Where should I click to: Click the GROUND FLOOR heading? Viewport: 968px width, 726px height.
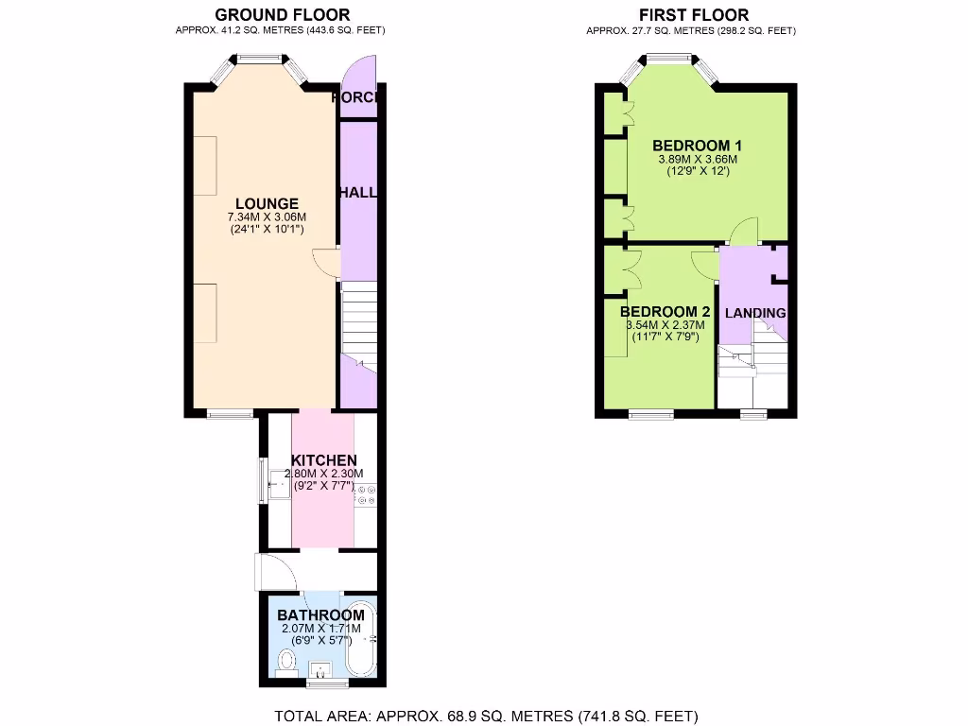click(x=282, y=14)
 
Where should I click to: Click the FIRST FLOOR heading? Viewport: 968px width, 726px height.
click(x=693, y=14)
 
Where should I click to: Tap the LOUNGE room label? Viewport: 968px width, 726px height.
click(x=267, y=203)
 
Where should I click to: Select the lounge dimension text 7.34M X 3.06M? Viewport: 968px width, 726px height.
click(x=267, y=216)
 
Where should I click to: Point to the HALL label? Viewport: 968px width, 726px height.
click(x=358, y=192)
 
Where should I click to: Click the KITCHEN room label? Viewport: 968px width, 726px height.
click(x=323, y=460)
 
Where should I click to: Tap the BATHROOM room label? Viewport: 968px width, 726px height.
click(x=320, y=615)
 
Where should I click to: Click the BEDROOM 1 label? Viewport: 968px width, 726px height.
click(x=697, y=146)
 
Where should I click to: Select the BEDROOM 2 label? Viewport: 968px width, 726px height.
click(x=665, y=312)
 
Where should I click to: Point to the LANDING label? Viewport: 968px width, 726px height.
click(x=754, y=313)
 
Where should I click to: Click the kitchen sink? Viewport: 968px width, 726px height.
click(x=279, y=488)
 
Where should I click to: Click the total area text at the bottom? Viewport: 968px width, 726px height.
click(x=485, y=716)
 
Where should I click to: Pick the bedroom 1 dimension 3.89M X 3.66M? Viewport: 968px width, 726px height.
click(x=697, y=160)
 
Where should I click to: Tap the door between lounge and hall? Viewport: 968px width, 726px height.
click(x=325, y=262)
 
